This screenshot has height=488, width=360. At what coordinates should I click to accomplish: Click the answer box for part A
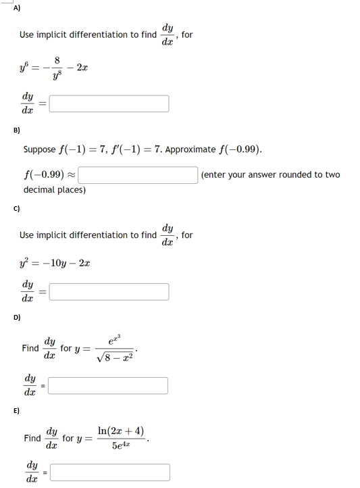coord(109,103)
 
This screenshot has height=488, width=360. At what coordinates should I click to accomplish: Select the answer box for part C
coord(109,291)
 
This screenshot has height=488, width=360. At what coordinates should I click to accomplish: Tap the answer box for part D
coord(109,385)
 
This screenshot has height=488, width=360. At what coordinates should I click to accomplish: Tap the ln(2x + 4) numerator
coord(120,431)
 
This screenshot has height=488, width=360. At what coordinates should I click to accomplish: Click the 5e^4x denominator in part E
coord(120,445)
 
